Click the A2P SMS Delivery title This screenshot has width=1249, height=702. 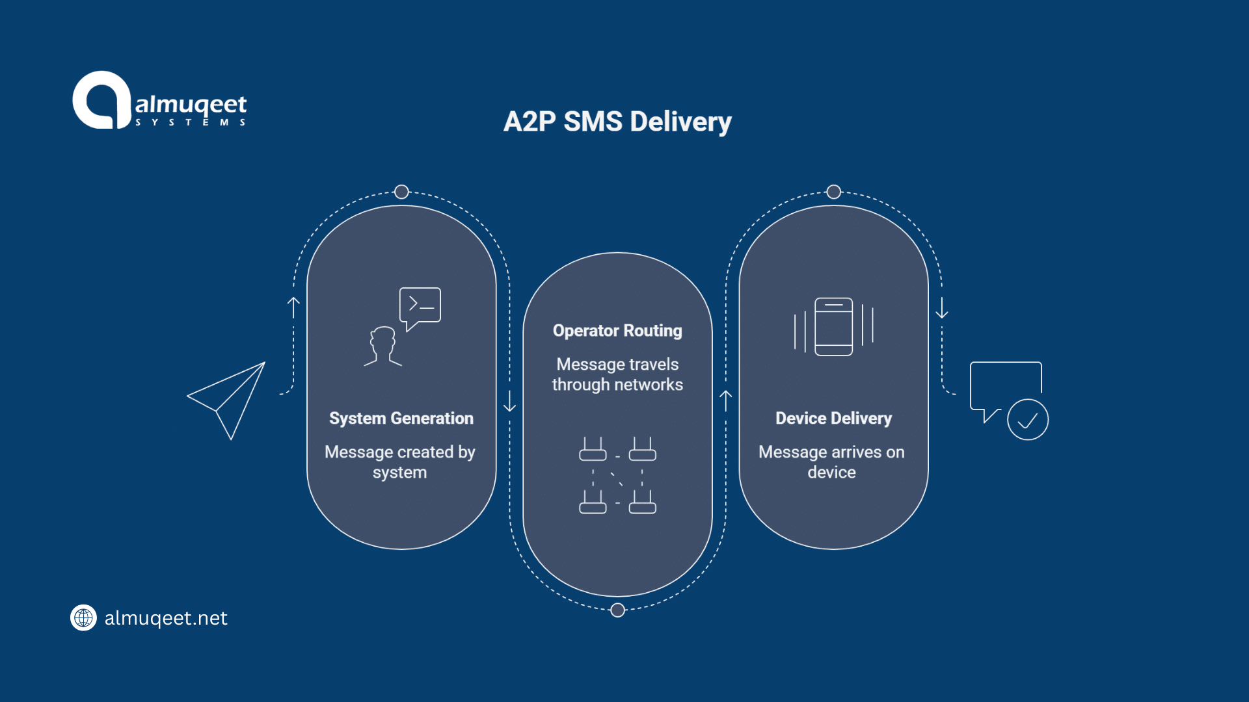[617, 122]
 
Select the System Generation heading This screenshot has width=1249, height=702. [401, 418]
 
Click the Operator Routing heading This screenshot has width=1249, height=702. [617, 331]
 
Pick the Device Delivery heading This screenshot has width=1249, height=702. [833, 418]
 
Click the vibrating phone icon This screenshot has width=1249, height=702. [833, 326]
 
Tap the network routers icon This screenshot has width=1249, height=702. [617, 475]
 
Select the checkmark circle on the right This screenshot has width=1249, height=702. [1027, 420]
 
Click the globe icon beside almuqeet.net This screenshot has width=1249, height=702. [83, 617]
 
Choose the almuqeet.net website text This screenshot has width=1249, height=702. [166, 618]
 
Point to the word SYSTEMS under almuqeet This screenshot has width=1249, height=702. [190, 122]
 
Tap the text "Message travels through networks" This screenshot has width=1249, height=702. [617, 374]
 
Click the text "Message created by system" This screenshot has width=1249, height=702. [400, 461]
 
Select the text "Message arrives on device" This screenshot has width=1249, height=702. [832, 461]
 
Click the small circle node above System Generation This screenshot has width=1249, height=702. [401, 192]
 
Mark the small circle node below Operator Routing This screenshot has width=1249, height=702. [617, 610]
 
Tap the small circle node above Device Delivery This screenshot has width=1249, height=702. [833, 192]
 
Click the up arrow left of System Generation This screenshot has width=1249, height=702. [293, 307]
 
